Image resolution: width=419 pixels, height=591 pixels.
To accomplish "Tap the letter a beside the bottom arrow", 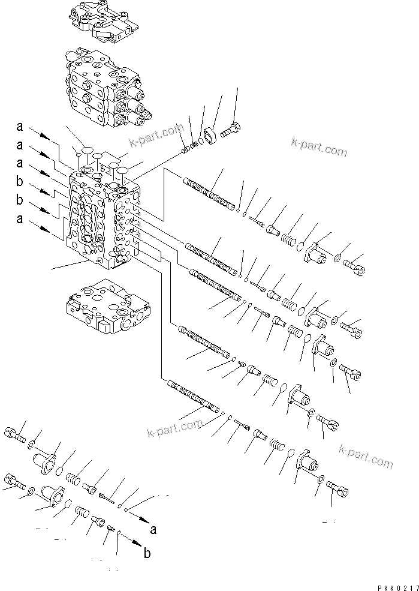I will point(154,530).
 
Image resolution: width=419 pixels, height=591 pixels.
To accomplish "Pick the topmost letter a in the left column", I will point(20,127).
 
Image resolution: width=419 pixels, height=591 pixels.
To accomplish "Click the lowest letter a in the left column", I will point(20,220).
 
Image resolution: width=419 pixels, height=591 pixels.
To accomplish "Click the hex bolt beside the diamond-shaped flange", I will point(233,129).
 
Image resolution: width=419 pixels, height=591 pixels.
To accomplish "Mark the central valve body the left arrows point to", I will point(102,219).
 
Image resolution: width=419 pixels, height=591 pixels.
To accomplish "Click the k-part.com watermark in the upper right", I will point(319,147).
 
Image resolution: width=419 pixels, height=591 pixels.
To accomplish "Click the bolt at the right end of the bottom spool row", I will point(339,493).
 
